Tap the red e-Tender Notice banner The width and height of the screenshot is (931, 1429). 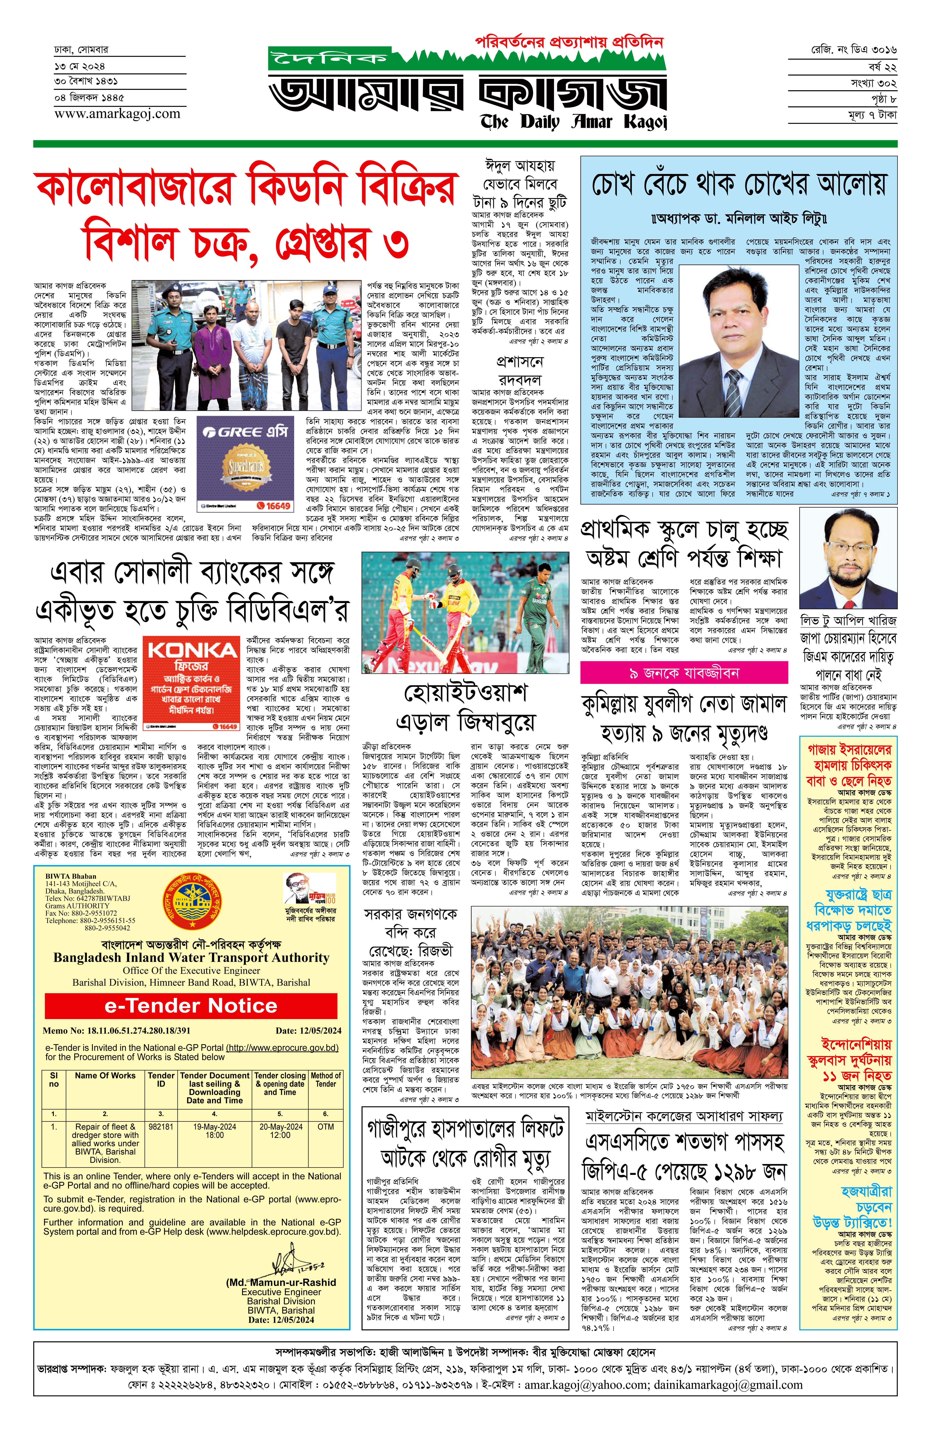tap(190, 1006)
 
